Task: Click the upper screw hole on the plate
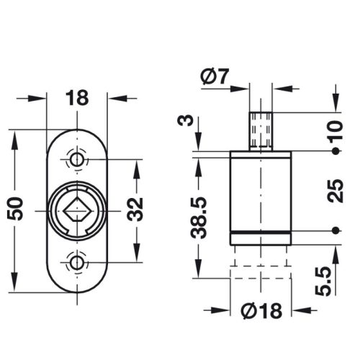(77, 158)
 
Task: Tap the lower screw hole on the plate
(77, 261)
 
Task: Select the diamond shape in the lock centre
(77, 210)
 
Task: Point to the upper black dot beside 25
(336, 152)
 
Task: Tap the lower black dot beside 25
(336, 230)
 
